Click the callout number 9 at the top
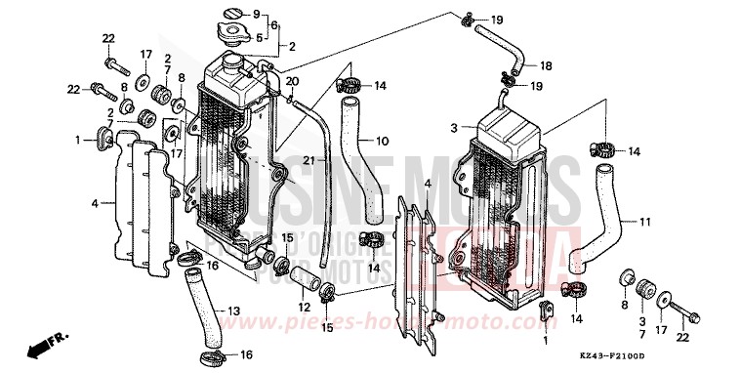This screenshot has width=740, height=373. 257,15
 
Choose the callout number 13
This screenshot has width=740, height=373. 233,311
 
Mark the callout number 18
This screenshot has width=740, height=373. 546,65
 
